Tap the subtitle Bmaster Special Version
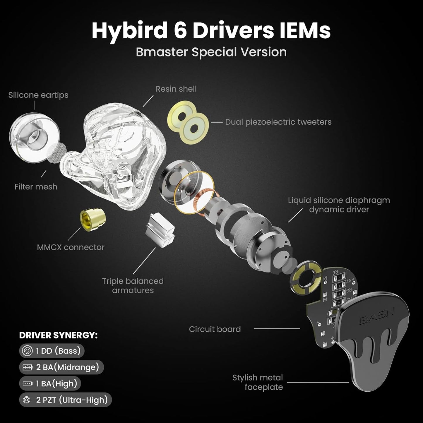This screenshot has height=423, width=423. point(211,52)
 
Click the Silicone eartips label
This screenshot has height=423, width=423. point(38,95)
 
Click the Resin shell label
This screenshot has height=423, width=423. point(176,89)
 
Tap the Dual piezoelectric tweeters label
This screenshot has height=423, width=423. point(278,122)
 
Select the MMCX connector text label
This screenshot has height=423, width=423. point(71,247)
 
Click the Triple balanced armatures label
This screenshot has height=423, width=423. point(133,285)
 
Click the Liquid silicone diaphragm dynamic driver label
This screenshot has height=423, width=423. point(339,205)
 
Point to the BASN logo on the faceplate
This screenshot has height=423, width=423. point(377,316)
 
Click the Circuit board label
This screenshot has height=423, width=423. point(215,329)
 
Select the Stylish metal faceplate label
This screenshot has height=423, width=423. point(258,382)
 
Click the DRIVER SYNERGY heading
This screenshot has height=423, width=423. point(58,335)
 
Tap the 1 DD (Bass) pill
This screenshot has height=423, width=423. point(52,351)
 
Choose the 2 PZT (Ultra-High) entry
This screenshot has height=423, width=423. point(66,400)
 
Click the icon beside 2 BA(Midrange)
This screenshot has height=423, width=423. point(27,367)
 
